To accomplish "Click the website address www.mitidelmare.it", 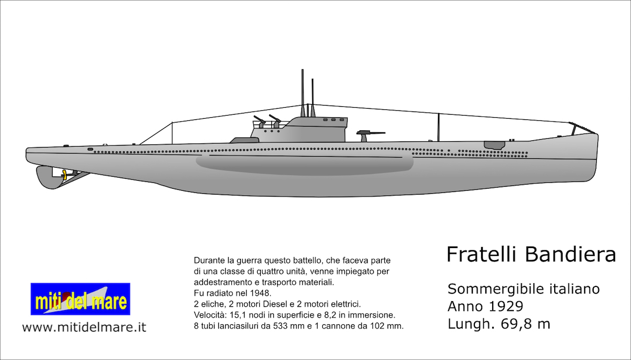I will (x=84, y=327).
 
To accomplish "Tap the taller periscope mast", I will (x=303, y=92).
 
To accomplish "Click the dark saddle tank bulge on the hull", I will (x=305, y=164).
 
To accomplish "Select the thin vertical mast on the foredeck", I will (x=439, y=127).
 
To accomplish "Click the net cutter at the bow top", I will (x=581, y=127).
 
